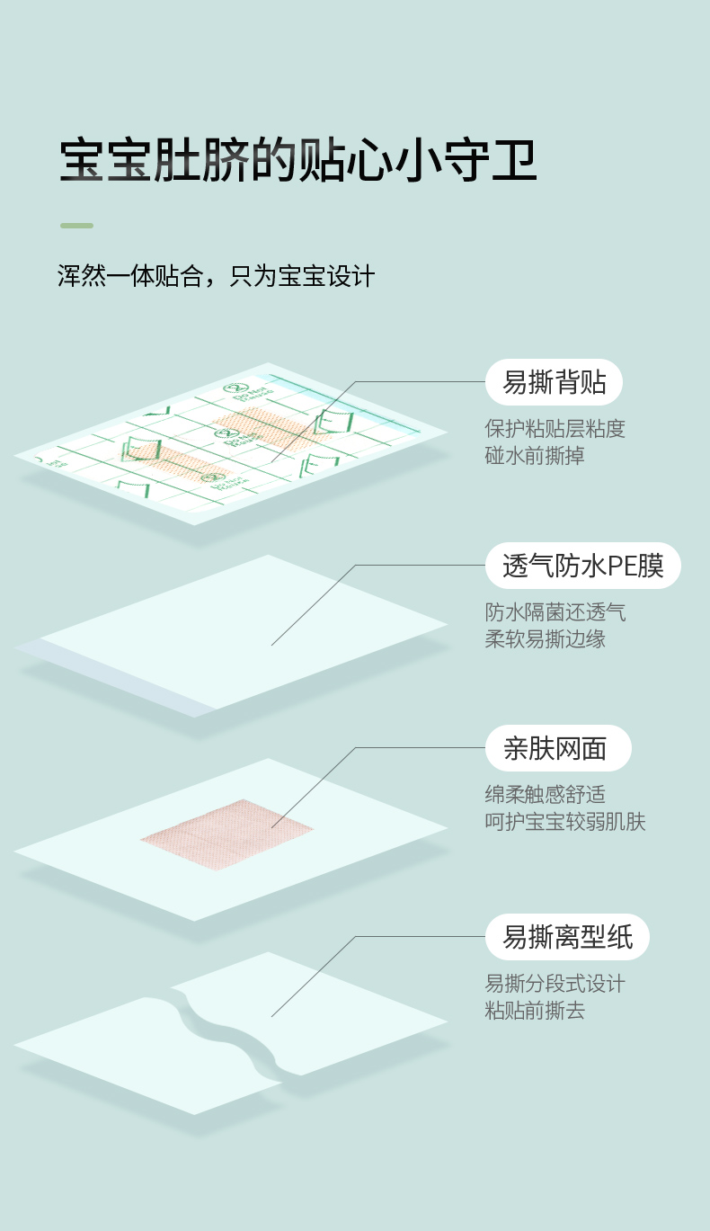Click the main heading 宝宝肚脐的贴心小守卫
point(297,162)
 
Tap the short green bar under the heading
point(76,225)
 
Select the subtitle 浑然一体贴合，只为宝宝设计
point(216,276)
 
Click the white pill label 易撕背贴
point(554,383)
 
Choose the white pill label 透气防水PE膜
point(582,566)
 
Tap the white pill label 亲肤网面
point(557,748)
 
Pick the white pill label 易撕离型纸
point(567,937)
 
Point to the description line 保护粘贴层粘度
point(555,429)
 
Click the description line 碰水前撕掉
point(535,456)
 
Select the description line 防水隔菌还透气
point(555,612)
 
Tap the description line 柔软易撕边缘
point(545,639)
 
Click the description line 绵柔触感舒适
point(545,794)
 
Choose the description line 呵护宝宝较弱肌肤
point(564,821)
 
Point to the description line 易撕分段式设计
point(555,984)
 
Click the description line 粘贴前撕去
point(535,1011)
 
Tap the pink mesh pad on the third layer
point(226,834)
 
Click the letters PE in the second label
point(622,566)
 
